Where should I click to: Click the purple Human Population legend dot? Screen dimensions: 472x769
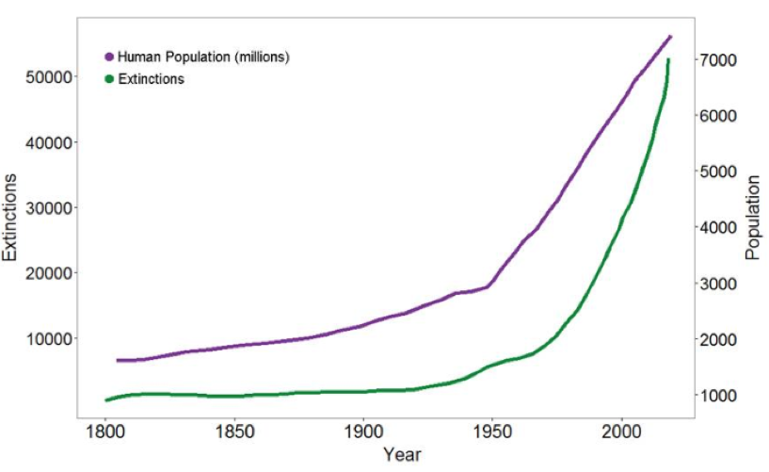pyautogui.click(x=109, y=57)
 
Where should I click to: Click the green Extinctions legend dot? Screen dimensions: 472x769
pyautogui.click(x=109, y=79)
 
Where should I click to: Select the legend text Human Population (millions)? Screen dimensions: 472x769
pyautogui.click(x=203, y=57)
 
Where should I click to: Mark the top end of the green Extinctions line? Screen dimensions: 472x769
pyautogui.click(x=668, y=60)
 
